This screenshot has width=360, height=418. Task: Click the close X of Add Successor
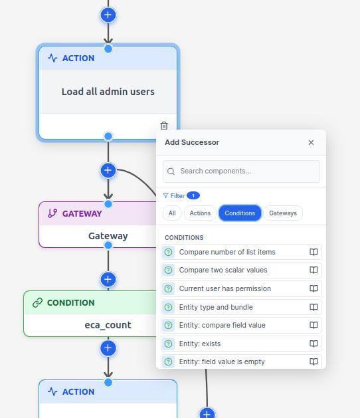(x=311, y=142)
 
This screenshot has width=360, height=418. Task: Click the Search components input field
(x=241, y=171)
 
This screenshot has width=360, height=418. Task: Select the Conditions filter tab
(x=240, y=213)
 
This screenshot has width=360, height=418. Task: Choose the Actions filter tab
(x=200, y=213)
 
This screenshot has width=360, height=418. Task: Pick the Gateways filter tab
(x=283, y=213)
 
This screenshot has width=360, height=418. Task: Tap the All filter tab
(x=172, y=213)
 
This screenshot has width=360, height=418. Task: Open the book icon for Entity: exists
(x=314, y=344)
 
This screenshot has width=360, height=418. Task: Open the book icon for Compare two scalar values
(x=314, y=270)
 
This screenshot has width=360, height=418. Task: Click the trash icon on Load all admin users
(x=164, y=126)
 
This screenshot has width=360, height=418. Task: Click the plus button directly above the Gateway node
(x=108, y=170)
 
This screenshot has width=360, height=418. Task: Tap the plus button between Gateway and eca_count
(x=108, y=279)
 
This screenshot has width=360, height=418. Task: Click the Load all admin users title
(x=108, y=92)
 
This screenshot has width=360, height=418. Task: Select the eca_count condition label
(x=108, y=325)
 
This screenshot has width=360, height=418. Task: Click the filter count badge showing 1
(x=193, y=195)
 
